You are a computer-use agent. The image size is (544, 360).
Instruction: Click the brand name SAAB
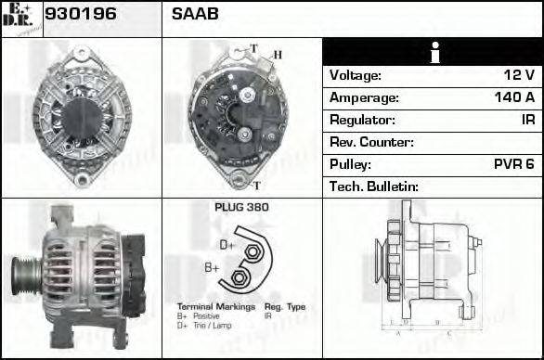[195, 16]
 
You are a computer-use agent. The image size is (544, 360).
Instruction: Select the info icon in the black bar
[434, 52]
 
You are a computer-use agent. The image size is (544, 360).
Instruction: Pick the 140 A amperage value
[514, 97]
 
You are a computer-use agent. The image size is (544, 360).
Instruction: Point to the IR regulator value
[527, 120]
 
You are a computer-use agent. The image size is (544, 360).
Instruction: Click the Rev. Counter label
[371, 142]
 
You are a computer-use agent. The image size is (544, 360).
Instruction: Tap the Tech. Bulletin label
[375, 186]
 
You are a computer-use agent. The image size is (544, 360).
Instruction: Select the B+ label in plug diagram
[212, 269]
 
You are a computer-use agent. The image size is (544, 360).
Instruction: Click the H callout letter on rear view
[277, 56]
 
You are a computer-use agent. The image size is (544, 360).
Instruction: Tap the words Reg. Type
[284, 306]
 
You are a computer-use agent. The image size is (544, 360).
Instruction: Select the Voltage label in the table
[356, 75]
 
